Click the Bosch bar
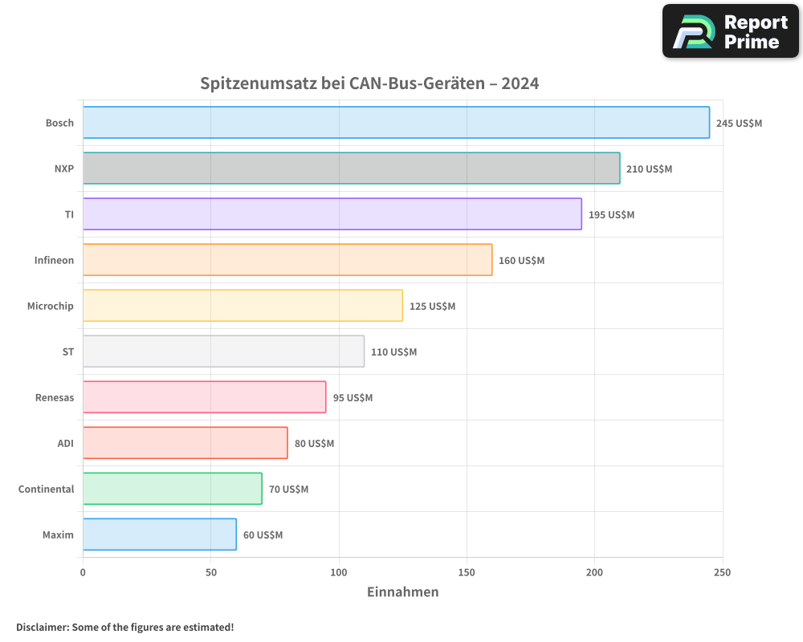396,123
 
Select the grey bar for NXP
351,169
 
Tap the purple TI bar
332,214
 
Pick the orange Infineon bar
287,260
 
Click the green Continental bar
172,489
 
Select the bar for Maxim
159,534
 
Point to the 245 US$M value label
739,124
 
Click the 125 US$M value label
432,307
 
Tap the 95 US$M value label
353,398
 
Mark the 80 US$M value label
314,444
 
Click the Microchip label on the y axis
50,306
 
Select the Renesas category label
54,397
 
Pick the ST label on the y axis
67,351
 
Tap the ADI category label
65,443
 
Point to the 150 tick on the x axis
467,572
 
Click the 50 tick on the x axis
210,572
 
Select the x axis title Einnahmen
402,592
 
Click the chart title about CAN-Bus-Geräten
369,83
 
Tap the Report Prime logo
730,31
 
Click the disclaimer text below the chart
124,627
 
